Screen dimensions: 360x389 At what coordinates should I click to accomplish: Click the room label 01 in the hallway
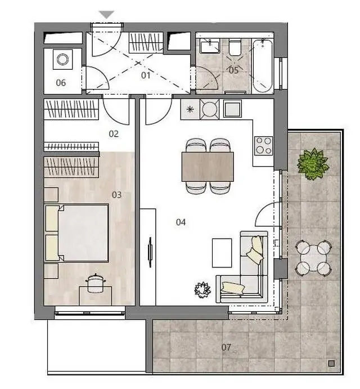click(x=146, y=75)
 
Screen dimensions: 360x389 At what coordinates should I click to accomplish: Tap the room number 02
click(x=114, y=134)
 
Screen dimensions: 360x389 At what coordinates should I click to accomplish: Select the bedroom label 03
click(x=116, y=195)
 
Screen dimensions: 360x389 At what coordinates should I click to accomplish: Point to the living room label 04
click(x=181, y=222)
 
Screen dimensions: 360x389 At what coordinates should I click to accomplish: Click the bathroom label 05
click(x=233, y=70)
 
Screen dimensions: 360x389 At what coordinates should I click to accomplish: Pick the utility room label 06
click(x=61, y=83)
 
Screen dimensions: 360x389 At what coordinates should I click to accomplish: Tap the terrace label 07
click(x=226, y=347)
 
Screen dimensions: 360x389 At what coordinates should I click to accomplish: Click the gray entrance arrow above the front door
click(x=107, y=15)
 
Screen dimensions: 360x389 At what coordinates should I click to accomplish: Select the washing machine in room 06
click(x=63, y=59)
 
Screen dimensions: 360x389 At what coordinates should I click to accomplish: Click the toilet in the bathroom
click(x=235, y=47)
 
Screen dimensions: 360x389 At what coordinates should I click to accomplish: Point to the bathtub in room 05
click(x=263, y=66)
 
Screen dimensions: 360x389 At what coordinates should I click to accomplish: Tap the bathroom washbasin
click(x=210, y=47)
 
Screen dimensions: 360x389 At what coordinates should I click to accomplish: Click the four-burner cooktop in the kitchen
click(x=264, y=146)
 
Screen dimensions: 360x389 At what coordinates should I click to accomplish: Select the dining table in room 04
click(x=208, y=167)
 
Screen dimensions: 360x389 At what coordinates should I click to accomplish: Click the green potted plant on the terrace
click(x=313, y=164)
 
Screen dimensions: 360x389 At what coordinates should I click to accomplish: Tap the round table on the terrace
click(x=313, y=258)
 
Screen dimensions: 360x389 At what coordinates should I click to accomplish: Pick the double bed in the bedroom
click(x=76, y=232)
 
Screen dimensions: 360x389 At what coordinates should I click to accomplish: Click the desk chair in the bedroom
click(x=96, y=283)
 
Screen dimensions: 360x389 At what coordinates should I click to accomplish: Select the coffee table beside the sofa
click(x=222, y=253)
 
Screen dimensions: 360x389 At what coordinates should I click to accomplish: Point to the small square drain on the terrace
click(x=331, y=364)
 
